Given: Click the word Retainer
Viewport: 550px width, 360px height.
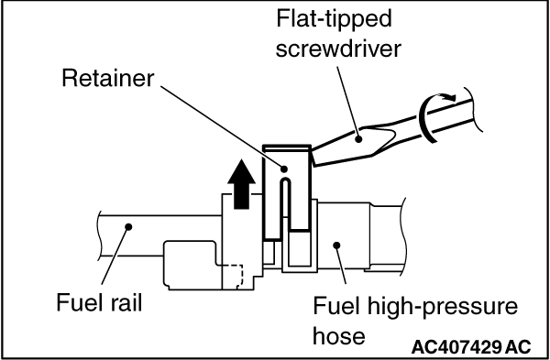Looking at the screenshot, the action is click(108, 78).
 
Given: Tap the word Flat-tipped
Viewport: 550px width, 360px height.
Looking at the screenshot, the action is click(334, 18).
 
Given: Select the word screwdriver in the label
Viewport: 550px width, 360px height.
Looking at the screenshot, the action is click(338, 49).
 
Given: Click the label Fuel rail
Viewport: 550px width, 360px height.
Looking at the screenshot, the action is click(99, 302).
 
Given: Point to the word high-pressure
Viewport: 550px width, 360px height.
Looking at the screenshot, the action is click(442, 306).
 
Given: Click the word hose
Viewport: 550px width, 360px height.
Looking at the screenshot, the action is click(339, 336).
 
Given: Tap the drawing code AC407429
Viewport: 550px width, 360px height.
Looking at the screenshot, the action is click(457, 347).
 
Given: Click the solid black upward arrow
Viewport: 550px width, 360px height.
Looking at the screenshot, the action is click(241, 184).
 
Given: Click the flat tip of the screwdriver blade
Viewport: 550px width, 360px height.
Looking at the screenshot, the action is click(312, 158).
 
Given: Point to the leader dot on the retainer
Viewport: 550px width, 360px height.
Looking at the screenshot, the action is click(284, 169).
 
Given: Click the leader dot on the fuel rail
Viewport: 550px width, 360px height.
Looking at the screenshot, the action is click(128, 227).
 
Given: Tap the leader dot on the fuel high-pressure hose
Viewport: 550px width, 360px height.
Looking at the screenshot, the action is click(336, 245).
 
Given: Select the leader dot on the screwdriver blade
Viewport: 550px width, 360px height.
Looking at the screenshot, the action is click(358, 139).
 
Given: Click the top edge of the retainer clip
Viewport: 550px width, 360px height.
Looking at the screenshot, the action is click(287, 147).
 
